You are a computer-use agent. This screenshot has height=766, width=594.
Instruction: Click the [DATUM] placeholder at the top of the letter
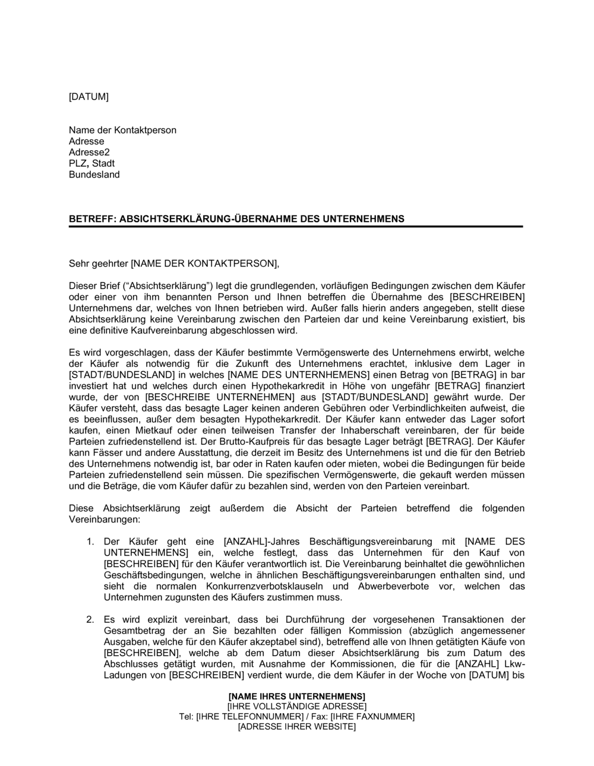click(x=89, y=97)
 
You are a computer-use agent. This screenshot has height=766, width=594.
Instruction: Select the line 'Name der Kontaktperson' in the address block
click(x=122, y=130)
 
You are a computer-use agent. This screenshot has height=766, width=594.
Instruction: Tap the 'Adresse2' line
click(x=89, y=153)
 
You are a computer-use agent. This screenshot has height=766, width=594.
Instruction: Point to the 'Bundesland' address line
click(x=94, y=175)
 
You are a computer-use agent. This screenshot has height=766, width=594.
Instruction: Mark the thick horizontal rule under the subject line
click(x=295, y=227)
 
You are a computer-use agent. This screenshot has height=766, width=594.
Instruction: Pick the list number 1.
click(x=90, y=542)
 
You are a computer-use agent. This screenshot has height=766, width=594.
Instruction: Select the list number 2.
click(x=90, y=619)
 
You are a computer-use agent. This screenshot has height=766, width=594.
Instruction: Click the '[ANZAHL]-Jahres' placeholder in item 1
click(x=256, y=542)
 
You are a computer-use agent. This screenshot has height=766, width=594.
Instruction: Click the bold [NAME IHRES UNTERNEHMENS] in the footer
click(x=296, y=696)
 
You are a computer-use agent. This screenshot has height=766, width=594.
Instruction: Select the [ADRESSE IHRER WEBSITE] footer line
click(x=296, y=727)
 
